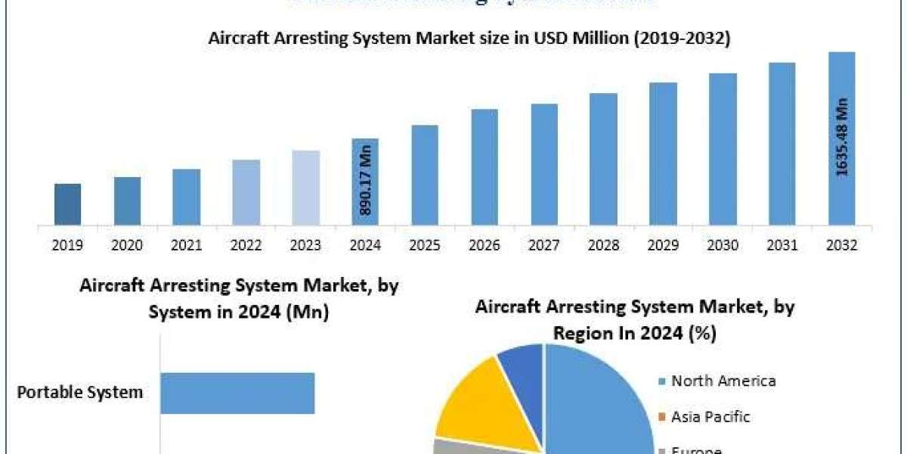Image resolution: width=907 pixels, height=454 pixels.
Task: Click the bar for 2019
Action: [67, 204]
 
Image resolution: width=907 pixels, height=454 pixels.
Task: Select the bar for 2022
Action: [246, 192]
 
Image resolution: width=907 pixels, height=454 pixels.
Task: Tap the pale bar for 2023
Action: [305, 188]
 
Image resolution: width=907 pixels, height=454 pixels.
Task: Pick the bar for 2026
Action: [484, 167]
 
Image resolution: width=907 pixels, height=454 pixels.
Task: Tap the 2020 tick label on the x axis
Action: [127, 245]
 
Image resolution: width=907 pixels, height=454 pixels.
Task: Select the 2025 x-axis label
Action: [425, 245]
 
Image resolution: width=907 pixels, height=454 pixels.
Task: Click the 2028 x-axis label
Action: [603, 245]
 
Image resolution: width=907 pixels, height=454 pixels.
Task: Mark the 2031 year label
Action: [782, 245]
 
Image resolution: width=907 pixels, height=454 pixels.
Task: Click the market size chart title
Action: [469, 39]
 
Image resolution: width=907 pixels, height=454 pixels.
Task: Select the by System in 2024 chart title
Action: [238, 299]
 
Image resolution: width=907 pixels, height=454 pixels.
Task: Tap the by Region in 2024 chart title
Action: [635, 319]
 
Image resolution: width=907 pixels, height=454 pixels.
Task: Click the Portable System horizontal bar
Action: [237, 393]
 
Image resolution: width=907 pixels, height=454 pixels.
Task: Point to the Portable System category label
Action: [80, 393]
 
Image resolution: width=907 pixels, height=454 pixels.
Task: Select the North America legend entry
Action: [723, 381]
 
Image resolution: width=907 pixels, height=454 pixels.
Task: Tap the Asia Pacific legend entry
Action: [710, 416]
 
